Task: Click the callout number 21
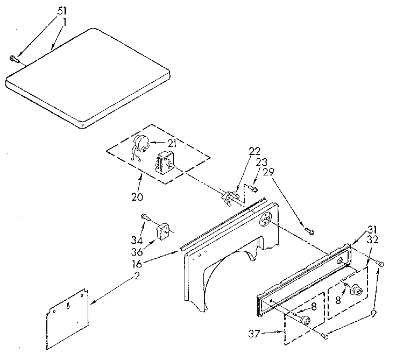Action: coord(172,142)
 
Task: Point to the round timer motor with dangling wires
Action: coord(142,143)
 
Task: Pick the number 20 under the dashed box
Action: coord(137,196)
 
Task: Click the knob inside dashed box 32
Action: coord(355,292)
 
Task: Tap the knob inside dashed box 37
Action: coord(306,321)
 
